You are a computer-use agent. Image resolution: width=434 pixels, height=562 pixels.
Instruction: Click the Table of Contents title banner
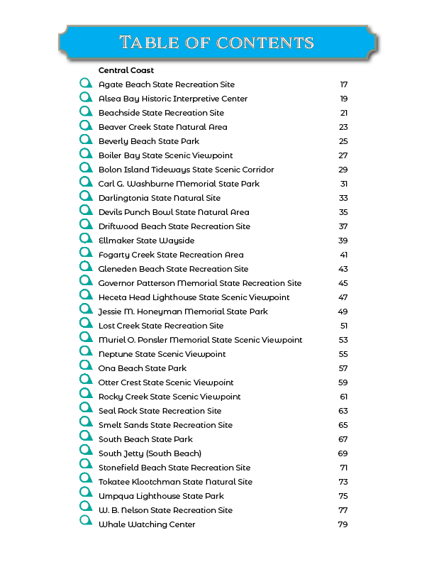pyautogui.click(x=217, y=42)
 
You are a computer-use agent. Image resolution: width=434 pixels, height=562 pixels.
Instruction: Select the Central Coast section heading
pyautogui.click(x=126, y=70)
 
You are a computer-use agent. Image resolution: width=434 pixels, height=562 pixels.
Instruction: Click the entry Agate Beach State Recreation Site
pyautogui.click(x=167, y=84)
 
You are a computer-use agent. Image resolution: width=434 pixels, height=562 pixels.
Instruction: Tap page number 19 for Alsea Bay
pyautogui.click(x=343, y=99)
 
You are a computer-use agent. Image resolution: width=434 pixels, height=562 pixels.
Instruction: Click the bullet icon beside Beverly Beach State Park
pyautogui.click(x=86, y=140)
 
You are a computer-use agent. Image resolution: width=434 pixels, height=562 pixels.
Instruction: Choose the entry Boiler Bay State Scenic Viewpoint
pyautogui.click(x=165, y=155)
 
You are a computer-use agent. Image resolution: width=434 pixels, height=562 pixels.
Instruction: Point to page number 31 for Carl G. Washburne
pyautogui.click(x=343, y=184)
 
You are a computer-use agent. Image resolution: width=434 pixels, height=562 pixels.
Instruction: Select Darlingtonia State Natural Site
pyautogui.click(x=160, y=198)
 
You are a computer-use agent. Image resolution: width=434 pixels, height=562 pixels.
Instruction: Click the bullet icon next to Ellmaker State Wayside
pyautogui.click(x=86, y=240)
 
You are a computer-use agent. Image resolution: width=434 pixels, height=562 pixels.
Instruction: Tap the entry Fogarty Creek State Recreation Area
pyautogui.click(x=171, y=255)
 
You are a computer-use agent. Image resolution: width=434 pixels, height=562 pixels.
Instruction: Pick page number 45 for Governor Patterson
pyautogui.click(x=343, y=283)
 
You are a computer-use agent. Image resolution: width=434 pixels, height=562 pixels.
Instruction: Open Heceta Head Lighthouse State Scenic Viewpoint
pyautogui.click(x=194, y=297)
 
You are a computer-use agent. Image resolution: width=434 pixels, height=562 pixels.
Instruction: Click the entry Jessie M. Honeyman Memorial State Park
pyautogui.click(x=183, y=312)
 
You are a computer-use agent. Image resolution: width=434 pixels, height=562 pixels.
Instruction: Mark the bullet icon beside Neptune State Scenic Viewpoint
pyautogui.click(x=86, y=353)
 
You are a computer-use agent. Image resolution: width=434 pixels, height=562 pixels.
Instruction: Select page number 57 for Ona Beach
pyautogui.click(x=343, y=368)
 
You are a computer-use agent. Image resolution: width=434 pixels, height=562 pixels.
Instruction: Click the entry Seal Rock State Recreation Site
pyautogui.click(x=160, y=411)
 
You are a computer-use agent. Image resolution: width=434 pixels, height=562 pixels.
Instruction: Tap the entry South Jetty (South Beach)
pyautogui.click(x=150, y=453)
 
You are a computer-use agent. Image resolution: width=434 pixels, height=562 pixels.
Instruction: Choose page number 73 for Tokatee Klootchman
pyautogui.click(x=343, y=482)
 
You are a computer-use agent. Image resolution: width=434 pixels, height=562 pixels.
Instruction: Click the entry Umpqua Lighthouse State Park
pyautogui.click(x=161, y=496)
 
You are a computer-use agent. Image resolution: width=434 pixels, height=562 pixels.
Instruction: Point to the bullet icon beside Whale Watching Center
pyautogui.click(x=86, y=524)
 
